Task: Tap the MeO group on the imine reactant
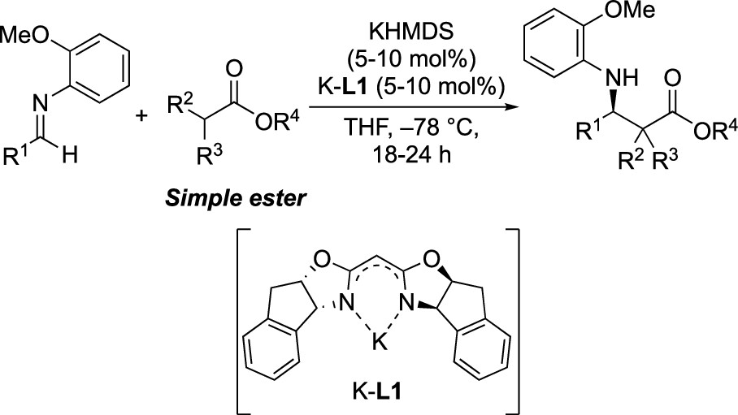click(24, 34)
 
